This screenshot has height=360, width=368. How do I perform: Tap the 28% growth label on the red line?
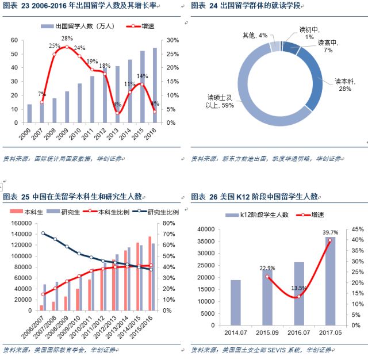coord(67,39)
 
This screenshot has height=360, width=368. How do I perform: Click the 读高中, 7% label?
coord(325,47)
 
